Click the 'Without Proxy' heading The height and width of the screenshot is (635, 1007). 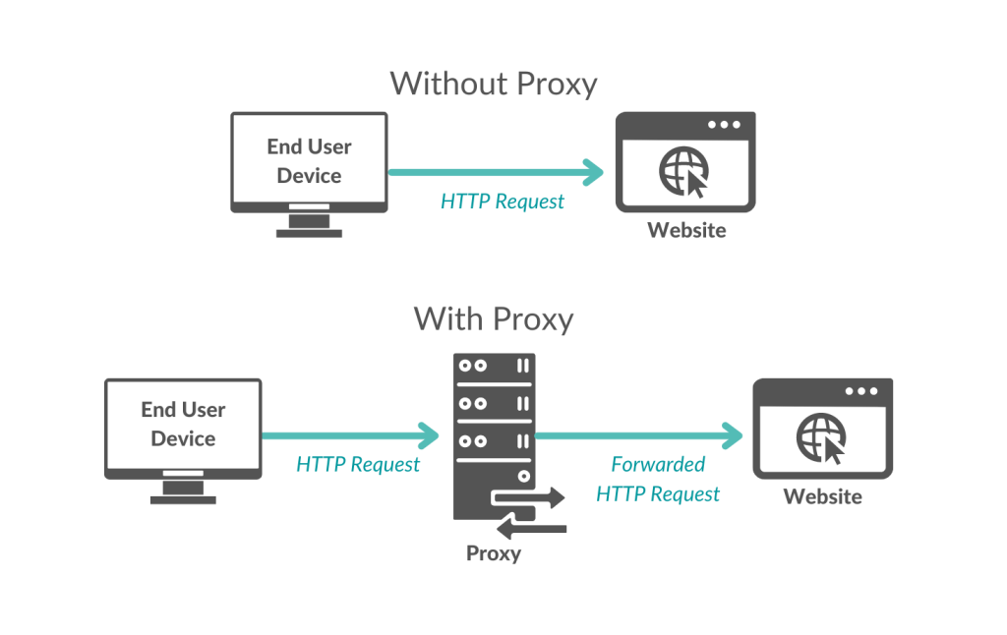click(x=493, y=84)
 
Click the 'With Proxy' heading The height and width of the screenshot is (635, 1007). click(x=493, y=318)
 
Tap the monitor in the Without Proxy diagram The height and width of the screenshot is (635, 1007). click(x=309, y=162)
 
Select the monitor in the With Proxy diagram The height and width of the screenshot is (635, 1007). click(x=183, y=429)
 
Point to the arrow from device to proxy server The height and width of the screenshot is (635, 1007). click(x=350, y=433)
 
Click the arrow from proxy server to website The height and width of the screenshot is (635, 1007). click(x=639, y=433)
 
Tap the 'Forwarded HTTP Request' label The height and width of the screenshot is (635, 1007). click(x=658, y=479)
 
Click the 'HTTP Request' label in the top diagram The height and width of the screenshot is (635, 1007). click(x=503, y=202)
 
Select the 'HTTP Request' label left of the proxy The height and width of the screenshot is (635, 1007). click(x=358, y=464)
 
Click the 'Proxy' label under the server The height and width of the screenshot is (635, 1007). click(x=494, y=553)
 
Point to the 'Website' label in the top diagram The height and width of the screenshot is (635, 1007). click(x=686, y=231)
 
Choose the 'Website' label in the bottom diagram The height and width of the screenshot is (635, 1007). click(x=822, y=497)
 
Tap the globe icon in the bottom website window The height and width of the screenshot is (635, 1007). click(x=820, y=435)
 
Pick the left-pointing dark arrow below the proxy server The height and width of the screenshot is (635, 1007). click(x=531, y=530)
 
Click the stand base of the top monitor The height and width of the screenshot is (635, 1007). click(x=309, y=232)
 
